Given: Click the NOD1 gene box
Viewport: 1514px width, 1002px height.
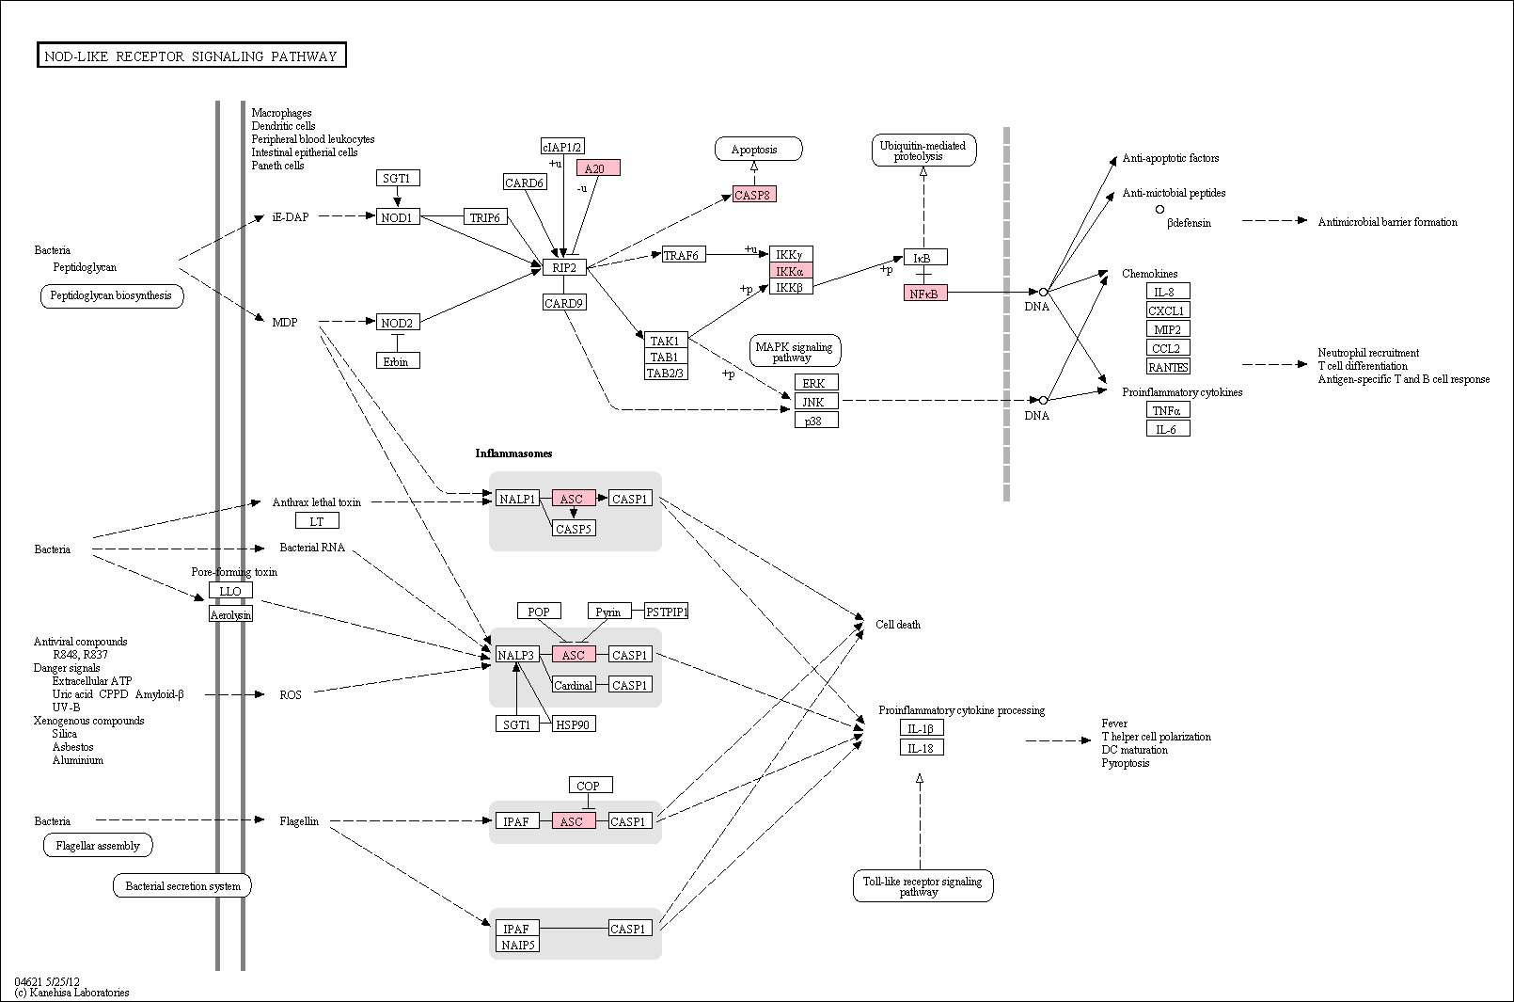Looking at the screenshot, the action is pos(398,217).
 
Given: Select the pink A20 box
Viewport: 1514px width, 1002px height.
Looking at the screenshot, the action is pos(598,167).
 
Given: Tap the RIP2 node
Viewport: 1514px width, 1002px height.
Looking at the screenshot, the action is pos(564,267).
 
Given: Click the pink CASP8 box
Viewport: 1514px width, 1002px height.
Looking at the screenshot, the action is pos(754,195).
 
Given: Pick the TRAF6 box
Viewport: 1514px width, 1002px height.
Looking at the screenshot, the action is pos(684,255).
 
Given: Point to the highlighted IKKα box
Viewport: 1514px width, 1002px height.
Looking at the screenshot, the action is pos(791,271).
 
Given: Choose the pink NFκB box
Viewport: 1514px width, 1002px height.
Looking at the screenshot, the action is pos(925,294).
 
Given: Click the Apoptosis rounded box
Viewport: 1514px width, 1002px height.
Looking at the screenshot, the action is pos(758,150).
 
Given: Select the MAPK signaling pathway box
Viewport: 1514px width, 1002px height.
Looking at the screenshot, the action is pos(795,352).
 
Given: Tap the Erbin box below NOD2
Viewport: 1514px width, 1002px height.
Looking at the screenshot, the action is pos(398,361).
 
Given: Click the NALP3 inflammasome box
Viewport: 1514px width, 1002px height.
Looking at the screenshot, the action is pos(517,655).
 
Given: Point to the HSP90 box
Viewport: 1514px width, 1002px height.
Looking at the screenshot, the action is pos(574,724).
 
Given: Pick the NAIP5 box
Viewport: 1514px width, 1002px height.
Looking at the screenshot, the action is pos(517,945).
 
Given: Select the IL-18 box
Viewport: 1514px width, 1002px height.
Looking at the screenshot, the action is pos(922,748).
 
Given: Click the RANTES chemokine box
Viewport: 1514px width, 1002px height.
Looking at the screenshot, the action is pos(1168,366).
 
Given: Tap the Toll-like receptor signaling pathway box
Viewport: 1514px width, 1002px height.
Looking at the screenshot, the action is pos(923,885).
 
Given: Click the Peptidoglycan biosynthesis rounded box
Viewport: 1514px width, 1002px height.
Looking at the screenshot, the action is pos(112,296).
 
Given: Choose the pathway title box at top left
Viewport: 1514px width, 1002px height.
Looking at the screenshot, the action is pos(191,56).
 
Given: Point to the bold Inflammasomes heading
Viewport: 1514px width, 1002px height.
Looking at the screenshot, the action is pos(513,453).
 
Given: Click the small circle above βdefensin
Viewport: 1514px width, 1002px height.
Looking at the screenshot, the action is pos(1159,210).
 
